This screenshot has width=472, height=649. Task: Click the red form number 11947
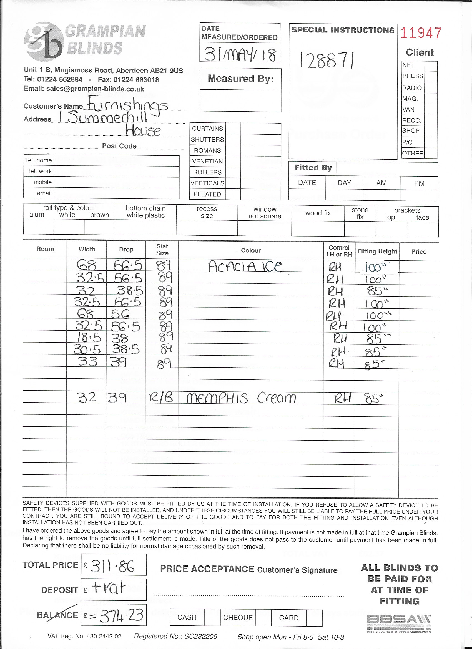pyautogui.click(x=420, y=33)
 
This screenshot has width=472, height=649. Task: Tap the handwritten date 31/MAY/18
pyautogui.click(x=240, y=54)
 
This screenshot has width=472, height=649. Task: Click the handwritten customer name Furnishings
pyautogui.click(x=127, y=105)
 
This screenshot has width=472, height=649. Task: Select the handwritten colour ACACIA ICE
pyautogui.click(x=246, y=267)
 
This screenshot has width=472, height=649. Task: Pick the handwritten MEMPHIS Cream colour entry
pyautogui.click(x=241, y=398)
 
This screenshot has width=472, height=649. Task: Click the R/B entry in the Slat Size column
pyautogui.click(x=161, y=398)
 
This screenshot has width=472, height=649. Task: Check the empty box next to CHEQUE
pyautogui.click(x=263, y=618)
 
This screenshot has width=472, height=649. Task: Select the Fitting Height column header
pyautogui.click(x=377, y=251)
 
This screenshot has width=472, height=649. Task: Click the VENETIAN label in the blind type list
pyautogui.click(x=207, y=161)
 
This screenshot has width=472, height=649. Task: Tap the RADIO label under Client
pyautogui.click(x=412, y=88)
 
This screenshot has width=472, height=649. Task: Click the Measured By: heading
pyautogui.click(x=240, y=79)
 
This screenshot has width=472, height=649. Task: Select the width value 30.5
pyautogui.click(x=87, y=349)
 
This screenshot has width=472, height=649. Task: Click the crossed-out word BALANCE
pyautogui.click(x=57, y=615)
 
